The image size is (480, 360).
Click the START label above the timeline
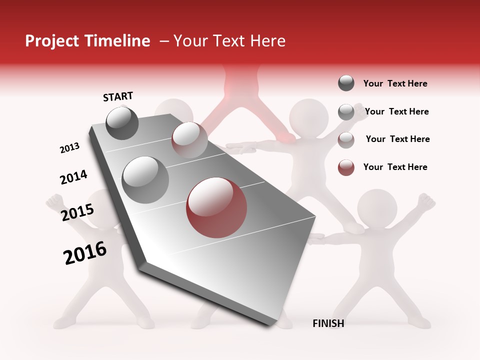click(118, 96)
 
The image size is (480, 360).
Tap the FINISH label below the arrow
click(328, 323)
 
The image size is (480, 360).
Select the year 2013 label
click(69, 148)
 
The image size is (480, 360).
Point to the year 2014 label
click(73, 177)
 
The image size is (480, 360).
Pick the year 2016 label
click(85, 253)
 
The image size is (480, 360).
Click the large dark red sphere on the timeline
click(216, 208)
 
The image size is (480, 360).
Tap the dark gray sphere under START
click(122, 123)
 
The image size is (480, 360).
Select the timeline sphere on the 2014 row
click(145, 180)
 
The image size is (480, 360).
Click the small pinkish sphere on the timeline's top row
click(189, 140)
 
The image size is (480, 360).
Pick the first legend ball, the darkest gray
click(346, 83)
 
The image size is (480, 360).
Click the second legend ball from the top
click(346, 112)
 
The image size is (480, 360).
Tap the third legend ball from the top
click(346, 140)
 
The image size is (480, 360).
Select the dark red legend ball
click(346, 167)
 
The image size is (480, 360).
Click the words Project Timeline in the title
click(87, 41)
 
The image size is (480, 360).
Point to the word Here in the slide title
click(267, 41)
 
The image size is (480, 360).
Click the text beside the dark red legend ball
click(395, 167)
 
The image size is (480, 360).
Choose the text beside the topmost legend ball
click(395, 83)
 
